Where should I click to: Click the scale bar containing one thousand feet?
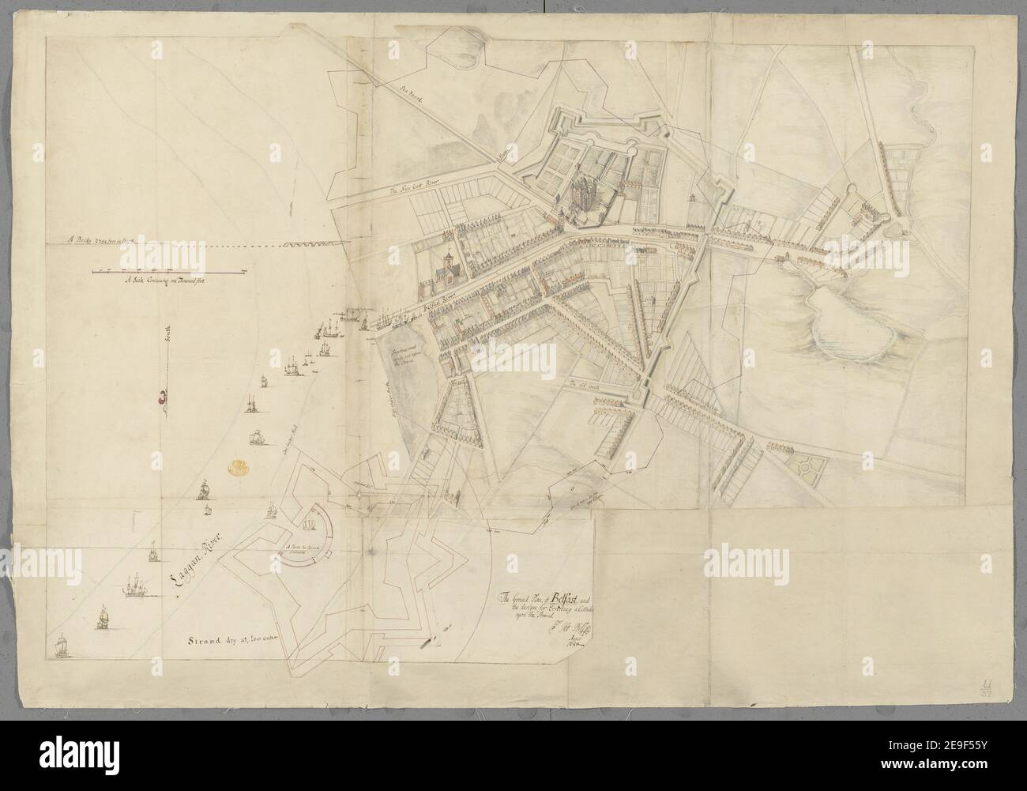[166, 272]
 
